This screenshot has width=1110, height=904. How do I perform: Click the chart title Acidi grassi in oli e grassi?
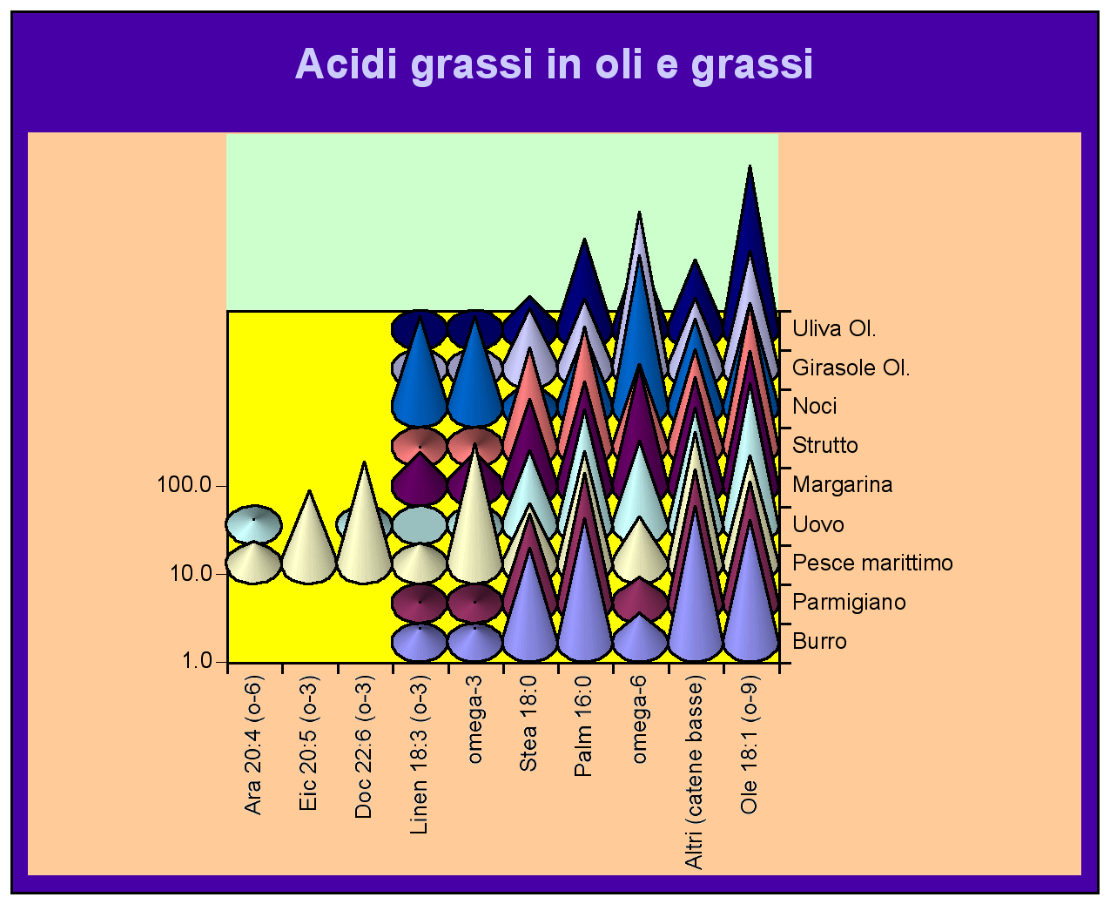554,64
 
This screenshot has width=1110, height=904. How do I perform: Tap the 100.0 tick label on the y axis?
184,485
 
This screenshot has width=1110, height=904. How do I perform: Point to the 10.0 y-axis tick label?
191,573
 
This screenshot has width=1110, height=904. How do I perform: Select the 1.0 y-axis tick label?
197,660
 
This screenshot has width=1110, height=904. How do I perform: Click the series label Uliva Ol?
834,329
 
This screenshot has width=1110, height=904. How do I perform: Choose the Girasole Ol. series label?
851,368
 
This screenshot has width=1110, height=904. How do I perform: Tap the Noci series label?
815,406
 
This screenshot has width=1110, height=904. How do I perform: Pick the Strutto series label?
825,445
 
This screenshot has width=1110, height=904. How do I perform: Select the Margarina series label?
842,485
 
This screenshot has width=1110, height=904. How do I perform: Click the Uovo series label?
818,524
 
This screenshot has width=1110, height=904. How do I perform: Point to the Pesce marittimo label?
872,563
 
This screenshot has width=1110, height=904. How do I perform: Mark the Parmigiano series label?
849,603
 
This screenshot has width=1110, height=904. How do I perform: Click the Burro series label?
819,641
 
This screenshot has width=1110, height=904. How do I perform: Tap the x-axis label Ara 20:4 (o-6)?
253,745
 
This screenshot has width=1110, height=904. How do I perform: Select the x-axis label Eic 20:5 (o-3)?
308,744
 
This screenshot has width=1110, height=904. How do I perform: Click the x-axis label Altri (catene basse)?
694,772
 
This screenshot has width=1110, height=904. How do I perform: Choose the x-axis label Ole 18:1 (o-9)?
750,745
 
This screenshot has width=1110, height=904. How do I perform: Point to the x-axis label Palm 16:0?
583,726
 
